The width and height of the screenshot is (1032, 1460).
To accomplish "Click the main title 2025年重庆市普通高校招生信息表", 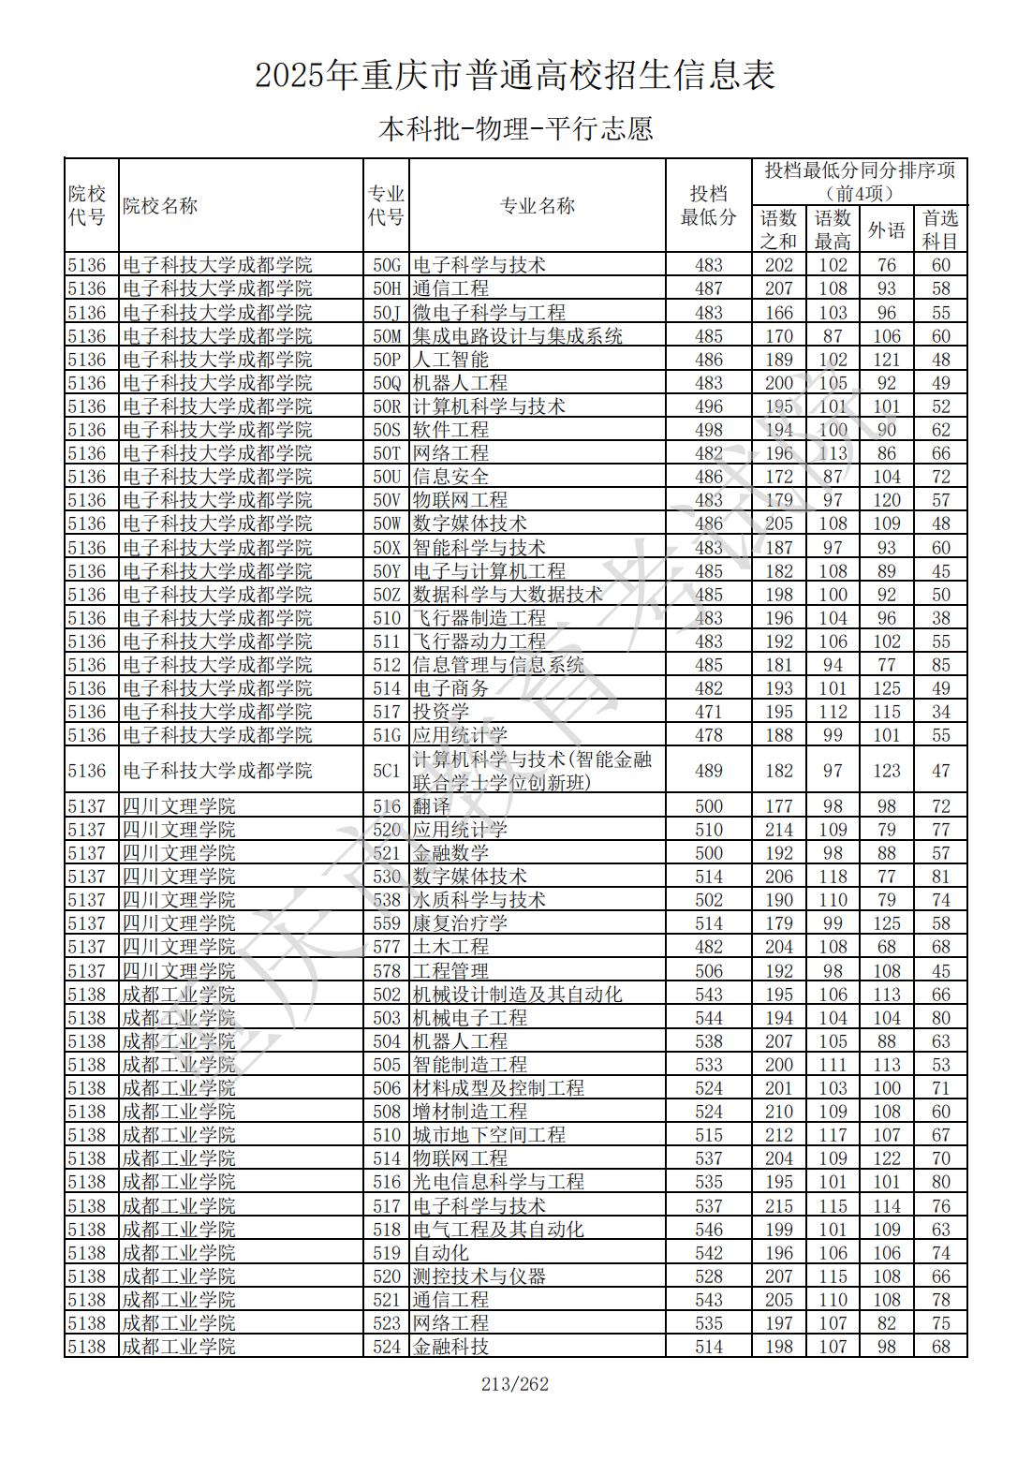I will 515,76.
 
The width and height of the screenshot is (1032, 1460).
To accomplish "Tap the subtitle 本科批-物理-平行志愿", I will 515,128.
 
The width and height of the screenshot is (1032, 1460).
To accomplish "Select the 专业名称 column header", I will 537,206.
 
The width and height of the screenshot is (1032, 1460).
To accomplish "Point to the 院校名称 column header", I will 160,206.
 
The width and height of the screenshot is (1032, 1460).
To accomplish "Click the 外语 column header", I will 886,229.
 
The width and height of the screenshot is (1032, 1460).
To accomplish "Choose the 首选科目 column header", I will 940,229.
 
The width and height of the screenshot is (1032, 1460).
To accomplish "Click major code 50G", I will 386,265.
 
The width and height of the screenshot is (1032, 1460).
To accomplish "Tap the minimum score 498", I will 709,430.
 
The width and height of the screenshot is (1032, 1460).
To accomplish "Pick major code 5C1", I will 386,771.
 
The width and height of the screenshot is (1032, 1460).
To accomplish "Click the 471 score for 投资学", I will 709,712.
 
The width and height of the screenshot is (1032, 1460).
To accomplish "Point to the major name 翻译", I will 432,806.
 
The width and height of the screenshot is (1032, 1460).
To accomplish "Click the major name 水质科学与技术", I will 479,900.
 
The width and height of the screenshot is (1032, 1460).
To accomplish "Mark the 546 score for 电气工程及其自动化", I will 709,1230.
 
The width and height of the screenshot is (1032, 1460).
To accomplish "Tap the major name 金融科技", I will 450,1347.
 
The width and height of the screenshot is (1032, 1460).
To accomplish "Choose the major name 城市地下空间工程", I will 489,1135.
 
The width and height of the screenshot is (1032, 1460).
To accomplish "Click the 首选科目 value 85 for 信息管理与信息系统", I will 940,665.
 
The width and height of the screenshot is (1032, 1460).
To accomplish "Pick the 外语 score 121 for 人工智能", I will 886,360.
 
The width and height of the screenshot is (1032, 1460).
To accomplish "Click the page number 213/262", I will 515,1384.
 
